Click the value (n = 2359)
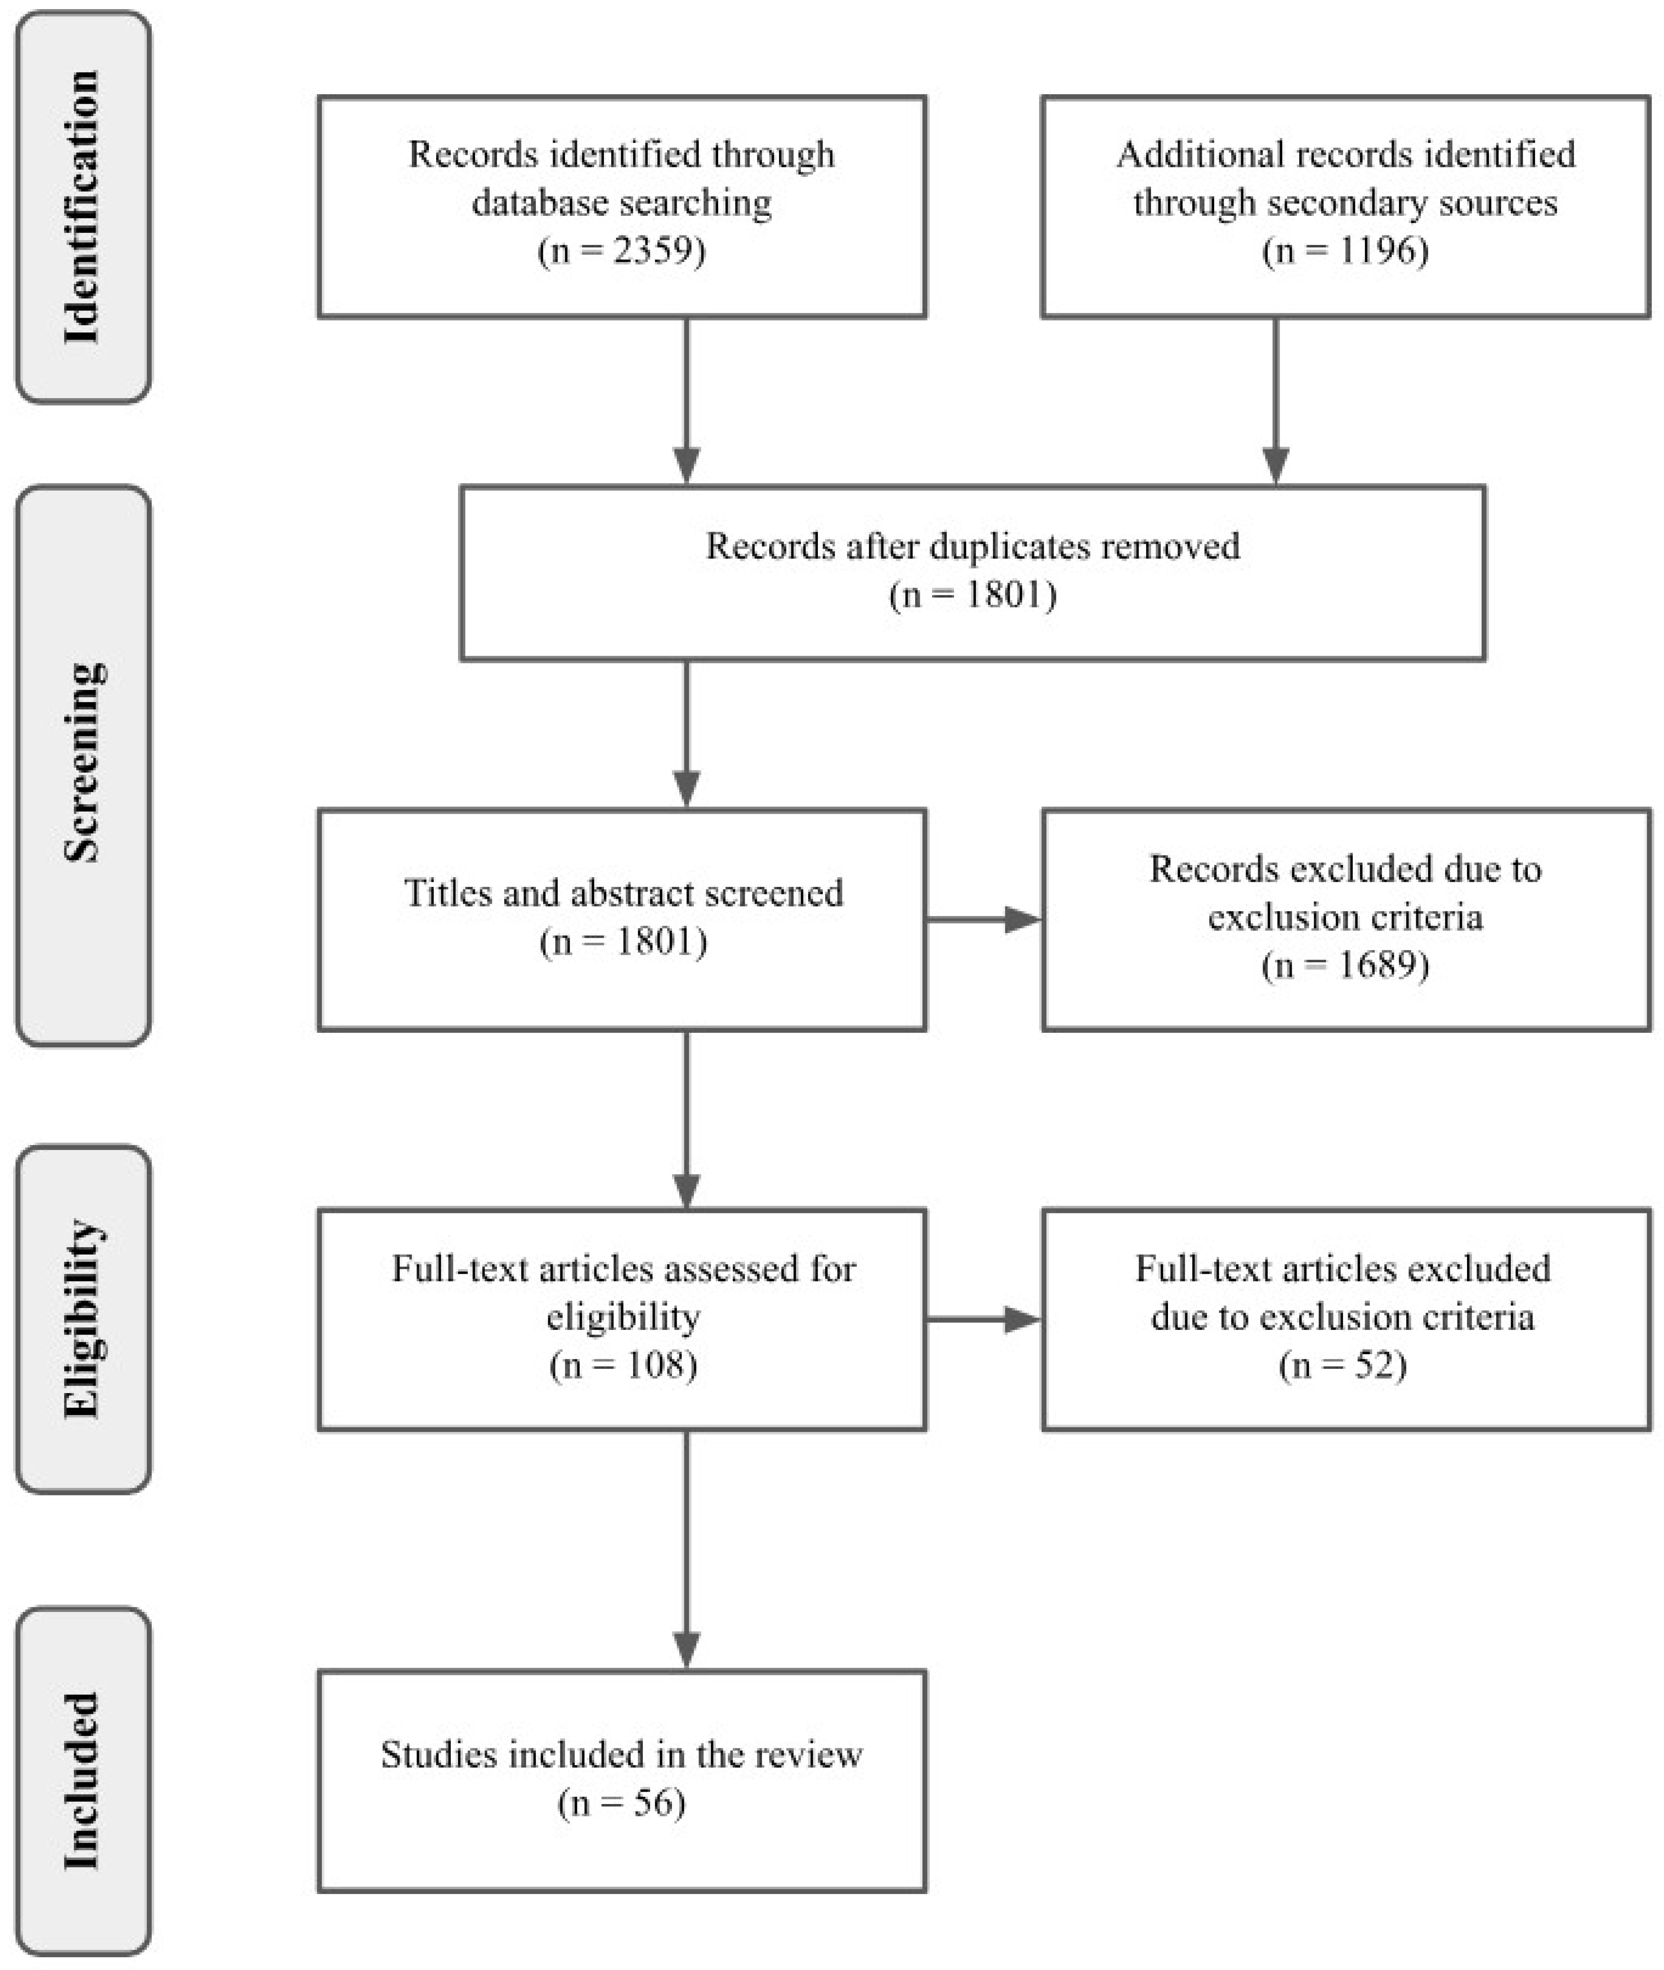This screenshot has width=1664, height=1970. [x=622, y=251]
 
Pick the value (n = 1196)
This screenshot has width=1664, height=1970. [x=1345, y=251]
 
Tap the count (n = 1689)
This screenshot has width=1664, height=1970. [x=1345, y=965]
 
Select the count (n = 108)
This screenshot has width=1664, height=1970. [x=623, y=1365]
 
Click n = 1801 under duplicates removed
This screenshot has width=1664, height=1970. [x=972, y=595]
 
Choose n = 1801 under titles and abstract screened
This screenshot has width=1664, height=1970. [x=623, y=942]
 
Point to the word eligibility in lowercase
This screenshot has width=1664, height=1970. [x=623, y=1317]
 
